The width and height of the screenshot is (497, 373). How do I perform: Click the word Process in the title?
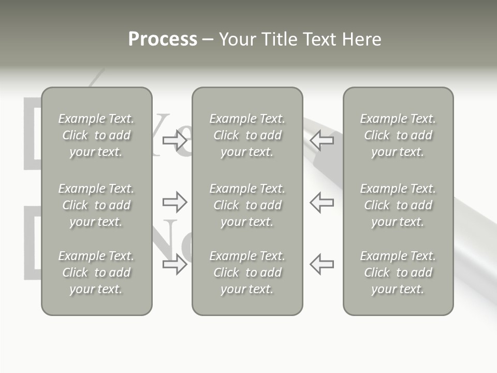[x=163, y=39]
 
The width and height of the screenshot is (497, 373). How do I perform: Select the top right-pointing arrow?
[x=175, y=140]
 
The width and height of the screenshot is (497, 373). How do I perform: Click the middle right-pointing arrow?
[x=175, y=202]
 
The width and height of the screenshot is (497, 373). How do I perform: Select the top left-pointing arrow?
[x=322, y=140]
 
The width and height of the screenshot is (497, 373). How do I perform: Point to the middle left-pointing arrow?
[x=322, y=202]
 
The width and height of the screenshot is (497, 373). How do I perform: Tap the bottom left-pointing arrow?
[x=322, y=264]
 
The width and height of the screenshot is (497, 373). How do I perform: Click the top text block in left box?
[x=96, y=135]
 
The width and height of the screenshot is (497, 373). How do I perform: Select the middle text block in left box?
[x=96, y=205]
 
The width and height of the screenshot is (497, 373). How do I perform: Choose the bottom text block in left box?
[x=96, y=272]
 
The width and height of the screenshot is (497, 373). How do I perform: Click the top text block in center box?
[x=247, y=135]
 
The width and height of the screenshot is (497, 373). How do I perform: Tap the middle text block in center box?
[x=247, y=205]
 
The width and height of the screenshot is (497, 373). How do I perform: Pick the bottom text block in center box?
[x=247, y=272]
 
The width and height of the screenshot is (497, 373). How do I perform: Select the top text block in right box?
[x=398, y=135]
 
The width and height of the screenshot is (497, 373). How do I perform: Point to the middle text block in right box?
[x=398, y=205]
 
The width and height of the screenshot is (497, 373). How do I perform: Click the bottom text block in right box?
[x=398, y=272]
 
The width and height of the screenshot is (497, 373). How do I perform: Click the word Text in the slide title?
[x=319, y=39]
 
